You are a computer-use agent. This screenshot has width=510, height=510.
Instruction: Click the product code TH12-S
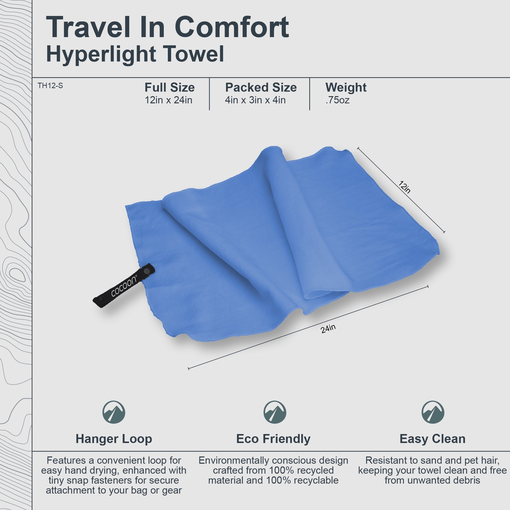click(50, 86)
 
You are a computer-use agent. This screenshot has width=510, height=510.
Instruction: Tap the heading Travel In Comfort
click(167, 27)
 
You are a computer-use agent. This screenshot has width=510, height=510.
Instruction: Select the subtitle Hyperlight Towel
click(135, 54)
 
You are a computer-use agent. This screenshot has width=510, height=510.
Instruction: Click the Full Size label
click(170, 87)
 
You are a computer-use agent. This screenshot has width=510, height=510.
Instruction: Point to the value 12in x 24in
click(168, 100)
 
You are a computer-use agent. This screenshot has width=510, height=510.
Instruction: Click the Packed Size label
click(261, 87)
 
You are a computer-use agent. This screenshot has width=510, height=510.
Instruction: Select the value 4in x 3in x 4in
click(255, 100)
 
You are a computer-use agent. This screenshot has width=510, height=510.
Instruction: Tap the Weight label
click(346, 87)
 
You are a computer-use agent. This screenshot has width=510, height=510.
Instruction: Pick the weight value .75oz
click(337, 100)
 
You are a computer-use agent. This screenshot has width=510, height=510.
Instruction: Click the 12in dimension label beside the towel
click(404, 187)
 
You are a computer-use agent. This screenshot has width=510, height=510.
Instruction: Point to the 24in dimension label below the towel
click(328, 329)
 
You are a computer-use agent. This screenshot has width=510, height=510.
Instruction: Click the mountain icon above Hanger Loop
click(114, 412)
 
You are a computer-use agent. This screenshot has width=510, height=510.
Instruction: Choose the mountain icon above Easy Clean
click(433, 412)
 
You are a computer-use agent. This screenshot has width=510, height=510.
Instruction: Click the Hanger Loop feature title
click(114, 439)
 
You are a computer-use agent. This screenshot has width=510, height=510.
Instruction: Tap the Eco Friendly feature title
click(273, 439)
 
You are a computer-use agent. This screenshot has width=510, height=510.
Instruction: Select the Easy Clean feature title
click(432, 439)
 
